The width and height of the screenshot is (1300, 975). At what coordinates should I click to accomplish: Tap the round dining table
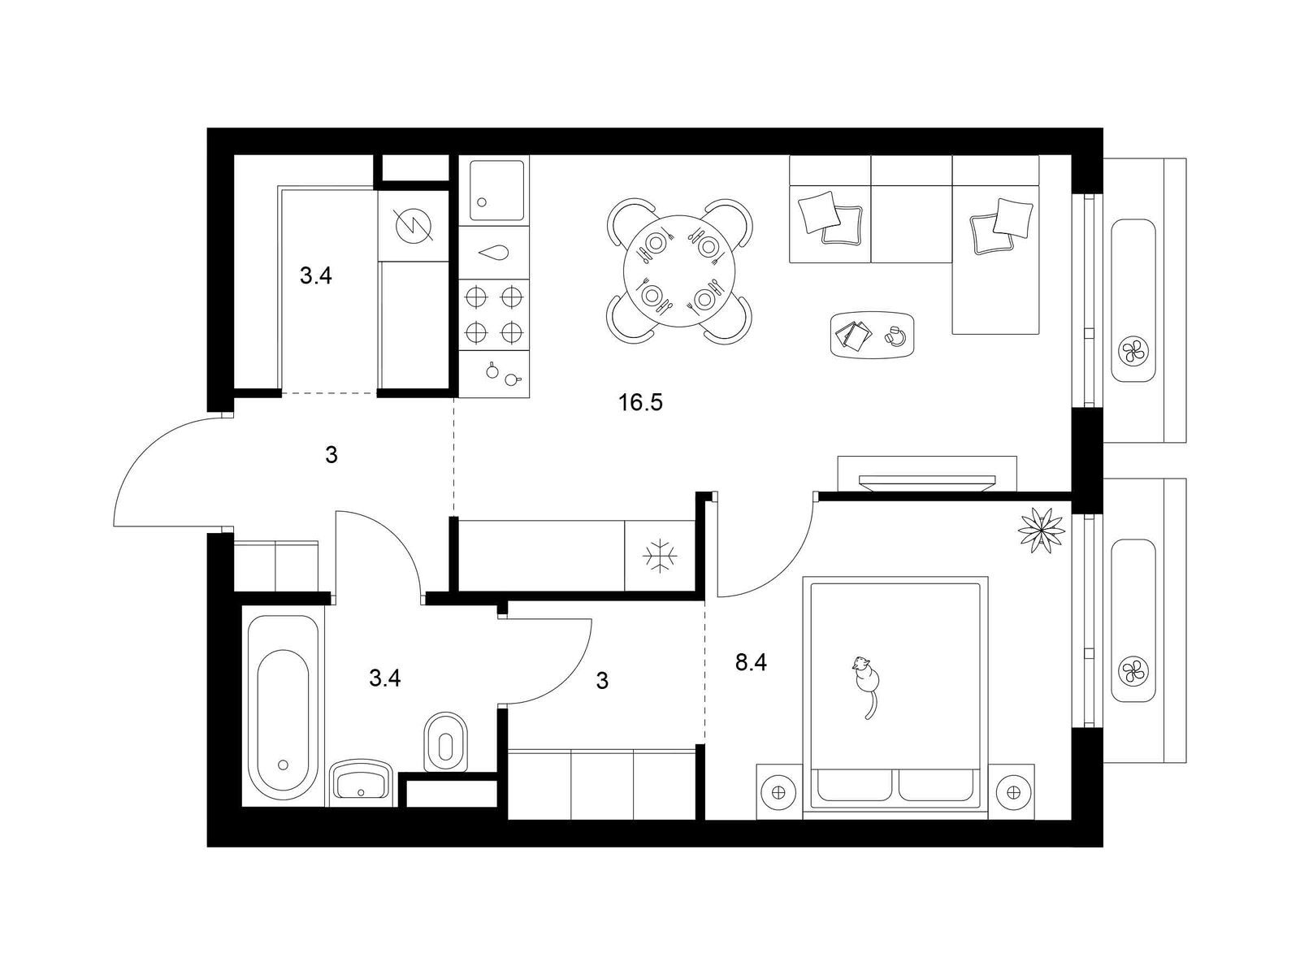point(679,271)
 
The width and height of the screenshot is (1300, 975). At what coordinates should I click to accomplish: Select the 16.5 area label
point(640,402)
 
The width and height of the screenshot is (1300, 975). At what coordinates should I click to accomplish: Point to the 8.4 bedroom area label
point(751,663)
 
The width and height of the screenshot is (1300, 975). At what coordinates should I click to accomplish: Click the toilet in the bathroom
point(445,743)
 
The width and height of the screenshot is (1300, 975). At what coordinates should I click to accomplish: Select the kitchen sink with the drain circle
point(496,191)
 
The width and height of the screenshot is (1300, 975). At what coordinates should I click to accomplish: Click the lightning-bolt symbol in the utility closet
point(414,226)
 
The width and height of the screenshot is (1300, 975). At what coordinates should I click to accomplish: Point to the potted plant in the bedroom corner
point(1041,530)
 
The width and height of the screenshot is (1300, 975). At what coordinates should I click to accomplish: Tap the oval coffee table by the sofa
point(873,335)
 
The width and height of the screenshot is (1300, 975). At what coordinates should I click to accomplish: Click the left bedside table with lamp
point(779,791)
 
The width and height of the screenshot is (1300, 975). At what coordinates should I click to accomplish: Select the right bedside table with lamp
point(1011,791)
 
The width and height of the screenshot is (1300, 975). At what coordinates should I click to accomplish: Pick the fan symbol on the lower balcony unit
point(1133,672)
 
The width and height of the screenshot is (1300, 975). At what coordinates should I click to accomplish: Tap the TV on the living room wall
point(927,482)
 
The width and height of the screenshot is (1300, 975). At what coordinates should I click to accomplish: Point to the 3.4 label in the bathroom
point(385,678)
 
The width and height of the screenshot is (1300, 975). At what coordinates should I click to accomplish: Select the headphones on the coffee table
point(893,335)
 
